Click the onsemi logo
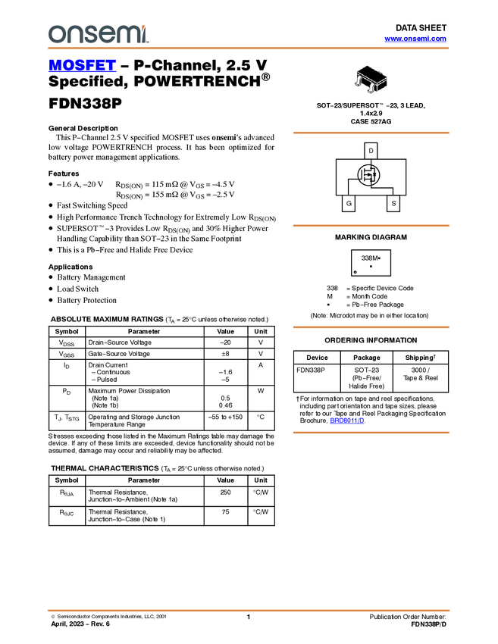[99, 33]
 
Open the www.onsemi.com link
[415, 39]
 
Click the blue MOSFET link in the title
[82, 65]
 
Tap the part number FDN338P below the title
[85, 104]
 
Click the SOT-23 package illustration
[371, 80]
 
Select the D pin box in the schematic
[371, 151]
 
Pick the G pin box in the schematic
[349, 203]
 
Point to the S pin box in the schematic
[393, 203]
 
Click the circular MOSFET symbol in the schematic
[368, 174]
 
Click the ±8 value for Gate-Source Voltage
[226, 354]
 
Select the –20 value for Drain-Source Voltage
[225, 342]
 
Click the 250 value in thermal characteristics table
[226, 492]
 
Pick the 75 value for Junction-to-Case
[226, 511]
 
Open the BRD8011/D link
[347, 420]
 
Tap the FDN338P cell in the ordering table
[311, 370]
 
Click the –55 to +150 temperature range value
[225, 417]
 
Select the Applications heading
[70, 267]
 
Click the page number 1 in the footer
[248, 617]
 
